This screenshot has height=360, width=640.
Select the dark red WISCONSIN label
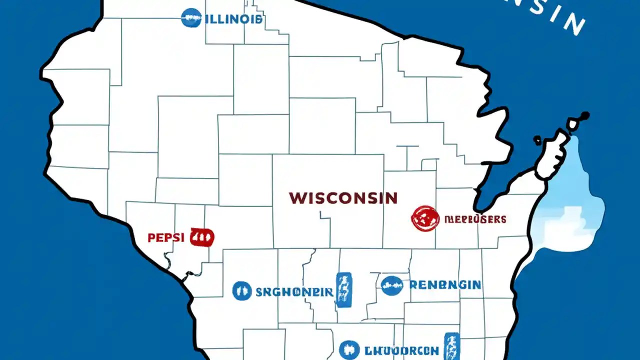343,197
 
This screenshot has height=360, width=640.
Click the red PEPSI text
166,237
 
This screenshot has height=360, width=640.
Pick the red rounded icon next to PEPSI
202,237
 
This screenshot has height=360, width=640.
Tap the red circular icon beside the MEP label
425,219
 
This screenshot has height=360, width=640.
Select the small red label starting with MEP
475,219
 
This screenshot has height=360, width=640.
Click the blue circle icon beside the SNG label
242,290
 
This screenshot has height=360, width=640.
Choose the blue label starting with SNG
294,291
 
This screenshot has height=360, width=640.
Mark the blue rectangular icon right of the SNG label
343,289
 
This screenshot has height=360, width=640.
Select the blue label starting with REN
445,285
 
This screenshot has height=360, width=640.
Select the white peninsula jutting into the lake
552,155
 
